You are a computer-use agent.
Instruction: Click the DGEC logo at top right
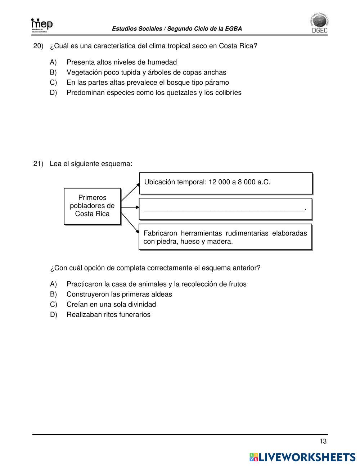[319, 24]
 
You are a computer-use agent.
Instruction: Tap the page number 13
[323, 442]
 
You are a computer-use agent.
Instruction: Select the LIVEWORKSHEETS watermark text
[302, 457]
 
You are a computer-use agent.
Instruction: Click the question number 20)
[38, 46]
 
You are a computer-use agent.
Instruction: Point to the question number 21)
[38, 164]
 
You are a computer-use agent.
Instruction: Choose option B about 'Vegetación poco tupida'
[146, 72]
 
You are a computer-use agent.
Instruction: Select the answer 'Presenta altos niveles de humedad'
[122, 62]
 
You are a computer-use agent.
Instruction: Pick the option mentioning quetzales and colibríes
[154, 93]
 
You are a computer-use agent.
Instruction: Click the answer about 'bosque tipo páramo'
[148, 82]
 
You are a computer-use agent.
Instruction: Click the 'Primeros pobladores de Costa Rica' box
[92, 206]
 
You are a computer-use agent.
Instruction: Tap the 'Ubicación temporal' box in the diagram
[225, 183]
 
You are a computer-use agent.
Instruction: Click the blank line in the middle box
[224, 209]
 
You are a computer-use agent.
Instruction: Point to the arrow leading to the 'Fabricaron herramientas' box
[130, 223]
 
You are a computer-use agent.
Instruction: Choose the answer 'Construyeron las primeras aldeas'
[119, 294]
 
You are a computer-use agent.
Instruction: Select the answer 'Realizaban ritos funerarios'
[108, 314]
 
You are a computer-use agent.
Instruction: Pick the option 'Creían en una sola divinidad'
[111, 304]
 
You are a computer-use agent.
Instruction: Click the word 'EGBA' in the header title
[234, 29]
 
